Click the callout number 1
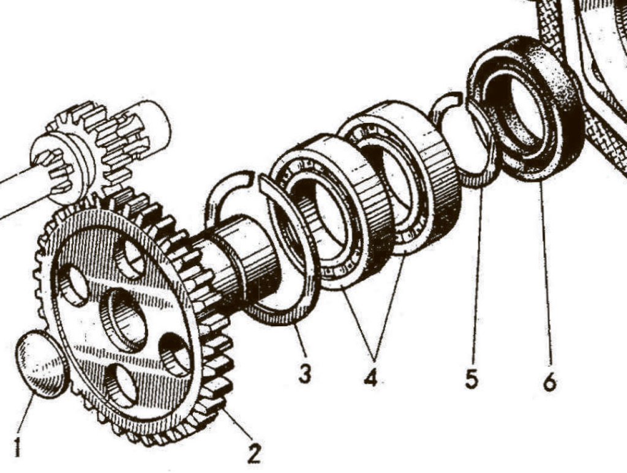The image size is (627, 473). (17, 449)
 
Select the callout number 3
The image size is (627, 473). (304, 373)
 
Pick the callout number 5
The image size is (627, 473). (471, 379)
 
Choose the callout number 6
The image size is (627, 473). (549, 382)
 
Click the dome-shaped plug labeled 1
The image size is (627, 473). (41, 364)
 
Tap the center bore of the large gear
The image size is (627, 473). (124, 320)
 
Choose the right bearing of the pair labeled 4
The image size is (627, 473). (401, 174)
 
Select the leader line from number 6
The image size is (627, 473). (546, 275)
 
